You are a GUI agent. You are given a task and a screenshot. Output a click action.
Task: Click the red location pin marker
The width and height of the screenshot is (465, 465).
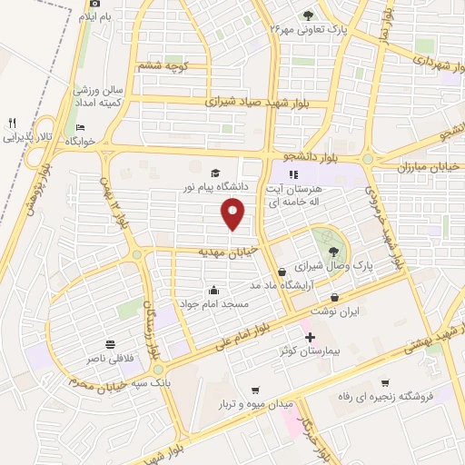(x=234, y=213)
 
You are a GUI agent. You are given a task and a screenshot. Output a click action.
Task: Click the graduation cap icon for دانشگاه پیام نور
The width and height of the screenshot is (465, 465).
(x=215, y=173)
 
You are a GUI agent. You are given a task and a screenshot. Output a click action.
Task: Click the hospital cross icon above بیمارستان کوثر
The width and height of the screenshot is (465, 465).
(x=311, y=336)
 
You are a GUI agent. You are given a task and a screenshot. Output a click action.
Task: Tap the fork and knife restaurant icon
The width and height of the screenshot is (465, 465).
(x=12, y=123)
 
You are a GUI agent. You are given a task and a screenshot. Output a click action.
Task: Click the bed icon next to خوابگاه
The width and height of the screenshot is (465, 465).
(x=81, y=127)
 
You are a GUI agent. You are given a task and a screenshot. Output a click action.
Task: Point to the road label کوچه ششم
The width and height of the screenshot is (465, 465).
(x=161, y=66)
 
